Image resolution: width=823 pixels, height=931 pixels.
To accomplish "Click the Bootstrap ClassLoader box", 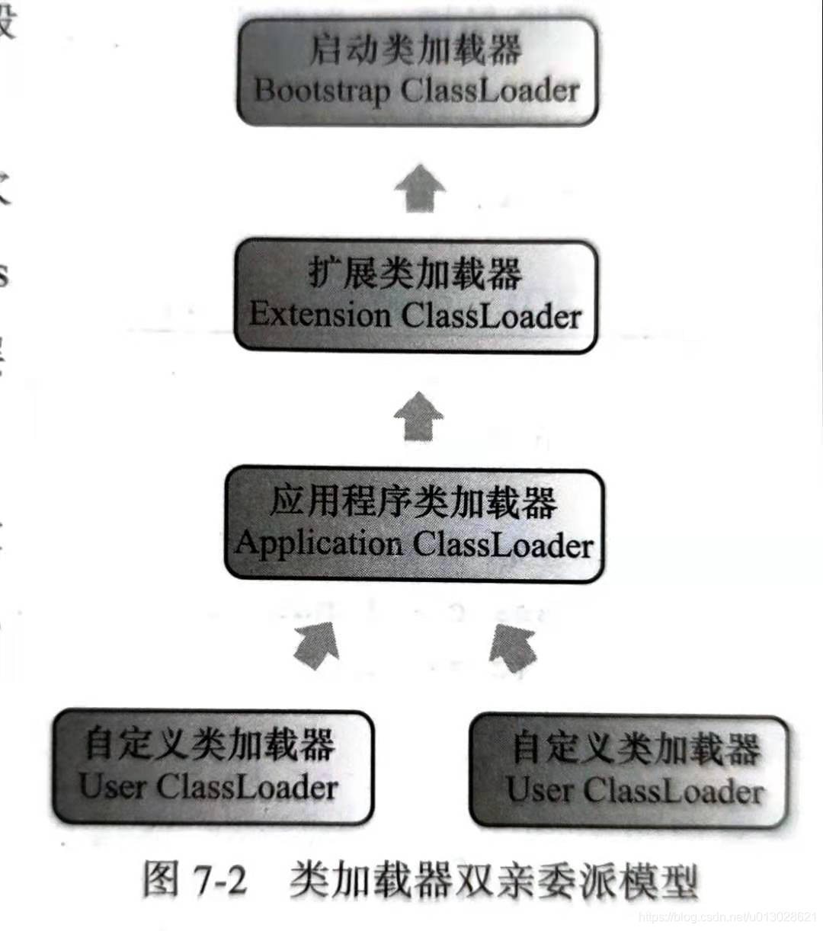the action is [x=417, y=72].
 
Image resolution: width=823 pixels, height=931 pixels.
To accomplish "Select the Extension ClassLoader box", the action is [x=416, y=296].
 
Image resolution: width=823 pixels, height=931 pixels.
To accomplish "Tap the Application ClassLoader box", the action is [x=415, y=525].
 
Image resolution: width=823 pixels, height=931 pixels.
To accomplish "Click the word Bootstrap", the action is [x=322, y=91].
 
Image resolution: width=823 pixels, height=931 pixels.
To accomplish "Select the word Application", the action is [x=319, y=544].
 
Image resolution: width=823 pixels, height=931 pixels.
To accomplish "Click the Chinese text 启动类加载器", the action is [x=416, y=50].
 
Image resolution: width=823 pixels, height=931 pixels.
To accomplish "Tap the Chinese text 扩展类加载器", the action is [x=416, y=274].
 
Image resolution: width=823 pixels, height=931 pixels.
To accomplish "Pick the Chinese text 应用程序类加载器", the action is [x=414, y=502].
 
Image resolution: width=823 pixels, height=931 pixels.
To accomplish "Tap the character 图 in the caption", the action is [x=161, y=881].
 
